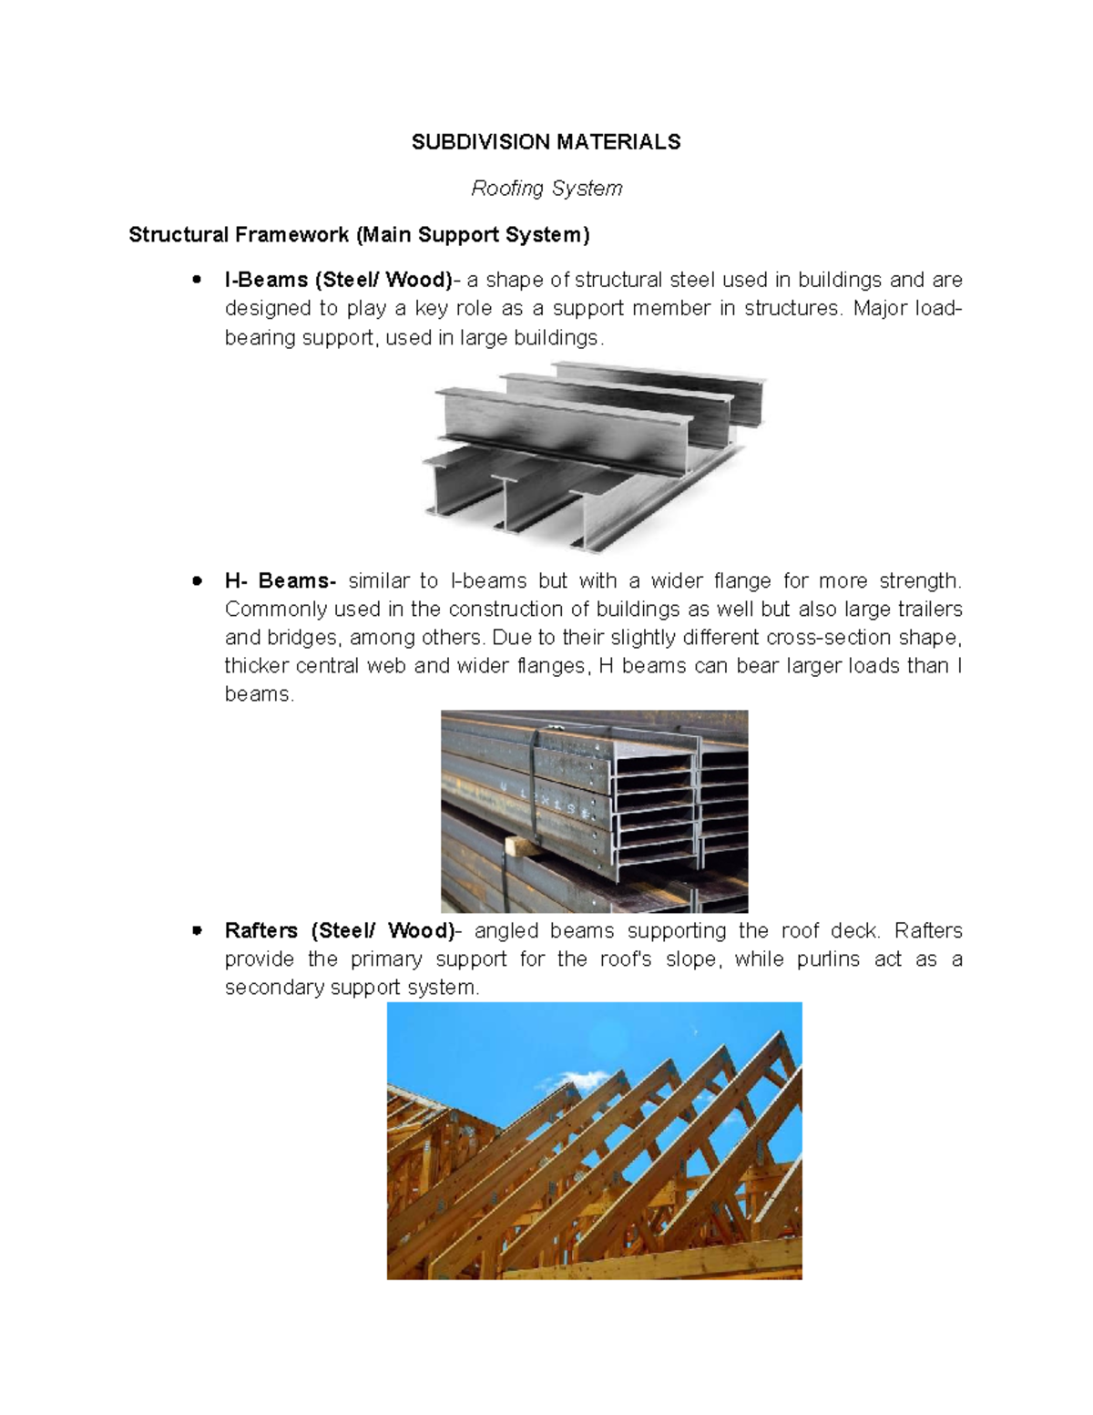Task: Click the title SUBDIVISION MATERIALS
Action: pyautogui.click(x=546, y=142)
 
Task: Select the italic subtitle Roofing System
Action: pyautogui.click(x=546, y=189)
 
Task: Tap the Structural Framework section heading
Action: pyautogui.click(x=359, y=235)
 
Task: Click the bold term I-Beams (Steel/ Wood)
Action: pyautogui.click(x=338, y=280)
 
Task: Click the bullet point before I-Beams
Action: pyautogui.click(x=196, y=280)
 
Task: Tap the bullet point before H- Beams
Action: pyautogui.click(x=196, y=581)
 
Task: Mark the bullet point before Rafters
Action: pyautogui.click(x=196, y=931)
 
